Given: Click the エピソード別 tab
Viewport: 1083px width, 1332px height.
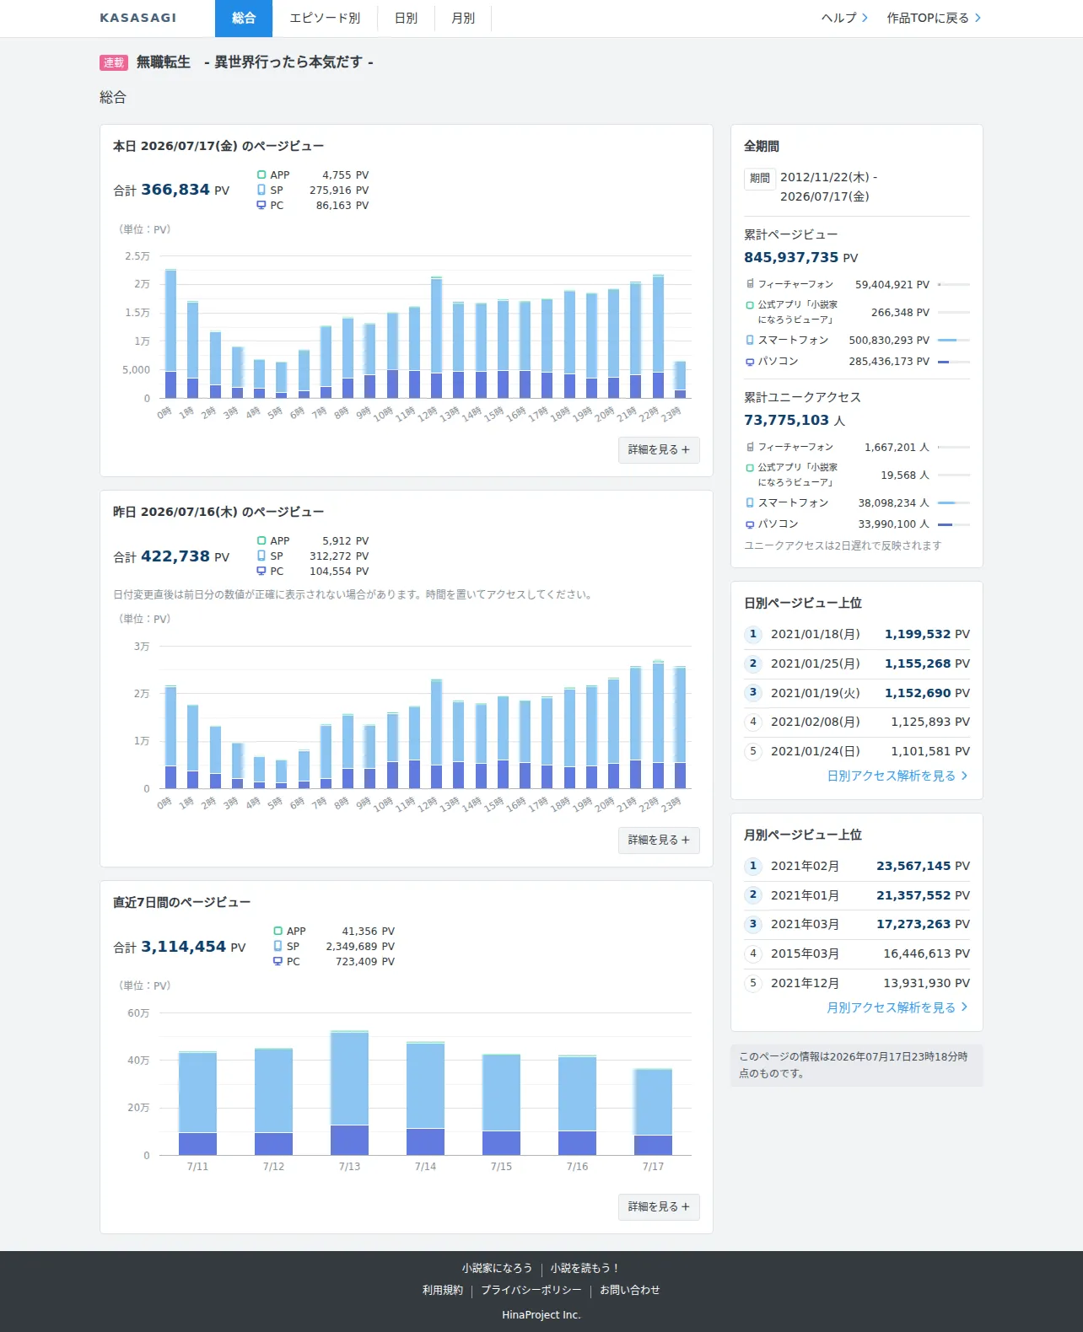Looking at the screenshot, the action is coord(325,19).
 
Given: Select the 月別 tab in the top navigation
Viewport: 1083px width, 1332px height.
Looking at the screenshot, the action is coord(463,19).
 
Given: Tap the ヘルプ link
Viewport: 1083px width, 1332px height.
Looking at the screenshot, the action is coord(844,19).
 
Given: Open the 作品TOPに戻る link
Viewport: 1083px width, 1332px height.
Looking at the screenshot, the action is coord(934,19).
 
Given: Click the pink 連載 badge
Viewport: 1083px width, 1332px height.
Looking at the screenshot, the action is coord(113,62).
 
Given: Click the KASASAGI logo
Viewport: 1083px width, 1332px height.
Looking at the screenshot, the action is coord(138,18).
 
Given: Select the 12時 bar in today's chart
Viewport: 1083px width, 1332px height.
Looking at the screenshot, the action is coord(436,337).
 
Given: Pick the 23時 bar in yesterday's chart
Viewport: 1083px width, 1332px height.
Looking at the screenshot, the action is coord(680,728).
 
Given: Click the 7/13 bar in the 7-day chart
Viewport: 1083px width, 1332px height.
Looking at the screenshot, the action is coord(349,1093).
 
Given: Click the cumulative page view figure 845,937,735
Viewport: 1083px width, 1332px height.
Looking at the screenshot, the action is coord(791,257).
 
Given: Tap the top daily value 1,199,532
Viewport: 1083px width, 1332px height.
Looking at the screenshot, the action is coord(917,634).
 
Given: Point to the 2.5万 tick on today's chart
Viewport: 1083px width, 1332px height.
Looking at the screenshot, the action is coord(137,255).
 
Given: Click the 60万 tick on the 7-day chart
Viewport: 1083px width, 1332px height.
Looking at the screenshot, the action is coord(138,1012).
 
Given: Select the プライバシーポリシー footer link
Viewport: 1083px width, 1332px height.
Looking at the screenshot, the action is coord(531,1290).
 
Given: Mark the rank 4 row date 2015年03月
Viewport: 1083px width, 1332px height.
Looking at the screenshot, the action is coord(805,953).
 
